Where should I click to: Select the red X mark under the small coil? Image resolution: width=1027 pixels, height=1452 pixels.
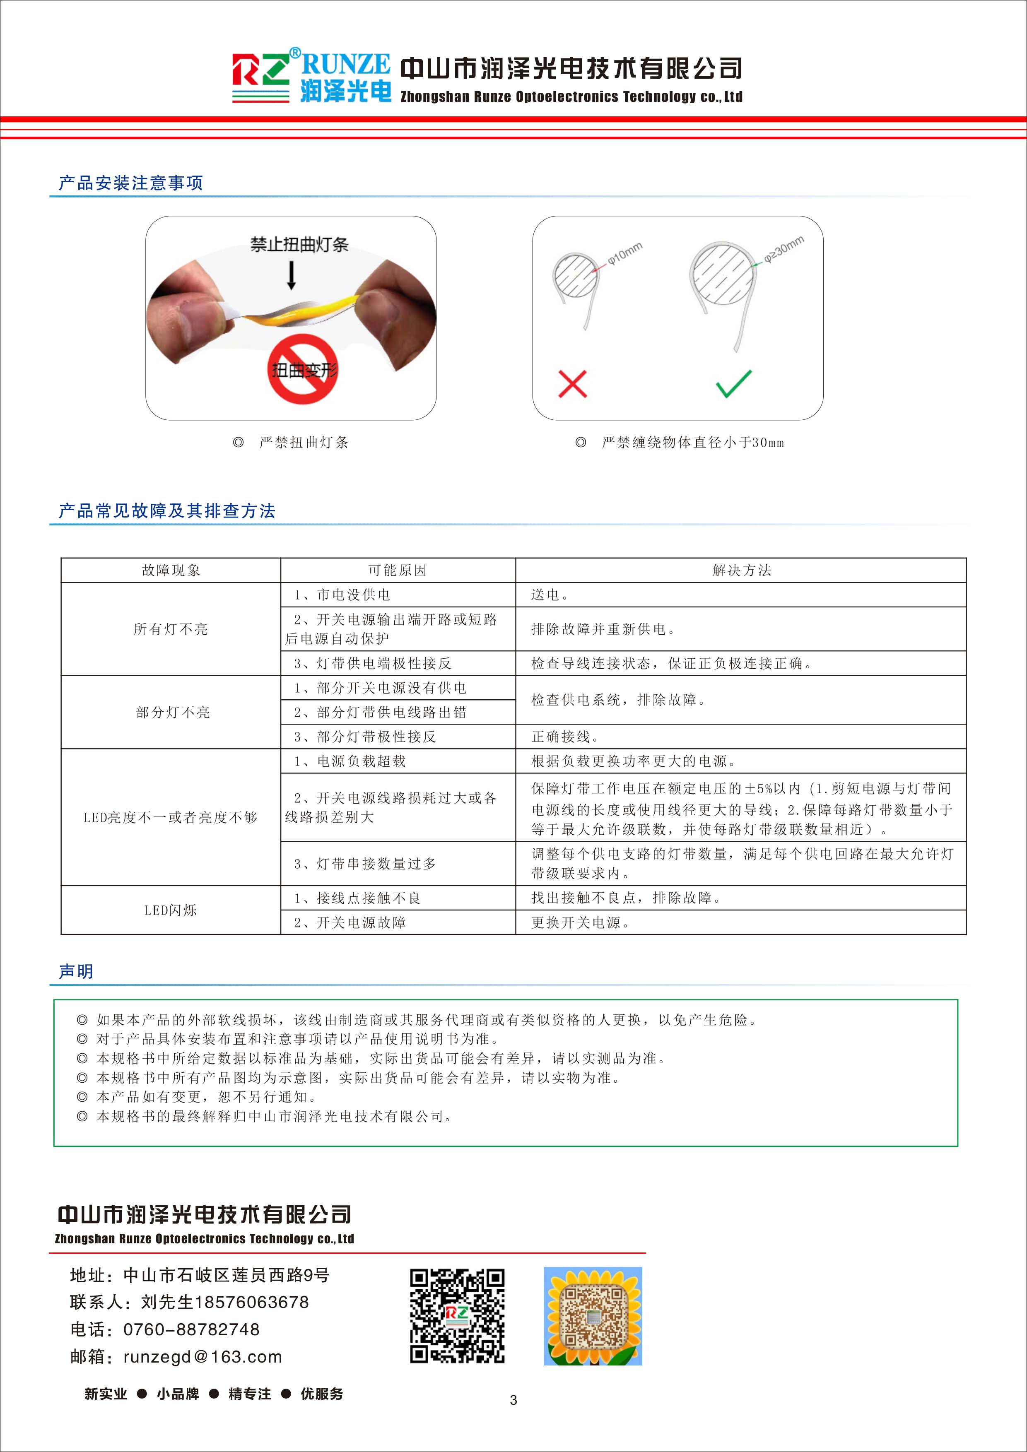572,384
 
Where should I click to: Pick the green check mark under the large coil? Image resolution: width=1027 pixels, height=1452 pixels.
733,383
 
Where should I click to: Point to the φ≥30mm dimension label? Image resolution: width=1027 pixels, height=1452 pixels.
784,248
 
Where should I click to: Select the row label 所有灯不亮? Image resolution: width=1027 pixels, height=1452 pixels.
171,628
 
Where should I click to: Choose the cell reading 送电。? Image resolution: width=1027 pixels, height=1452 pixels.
550,595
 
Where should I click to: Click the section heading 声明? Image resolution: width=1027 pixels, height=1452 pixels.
76,971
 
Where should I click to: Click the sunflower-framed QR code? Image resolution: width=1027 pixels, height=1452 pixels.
593,1316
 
